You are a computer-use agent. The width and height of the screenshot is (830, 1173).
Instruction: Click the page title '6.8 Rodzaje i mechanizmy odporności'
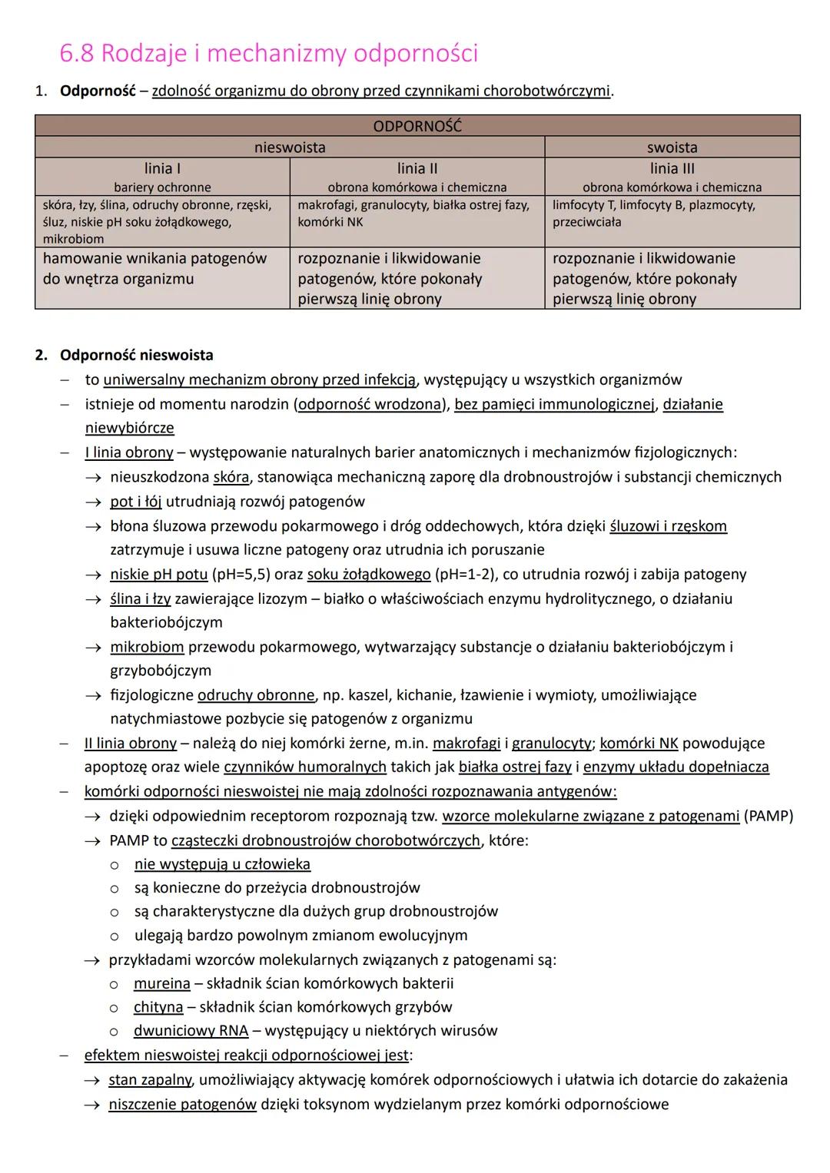point(268,54)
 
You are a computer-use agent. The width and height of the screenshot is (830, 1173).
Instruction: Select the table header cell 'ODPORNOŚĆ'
point(417,126)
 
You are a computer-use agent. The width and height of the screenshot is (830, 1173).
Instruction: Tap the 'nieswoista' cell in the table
point(290,147)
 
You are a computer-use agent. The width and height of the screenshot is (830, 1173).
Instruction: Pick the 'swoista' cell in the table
point(672,147)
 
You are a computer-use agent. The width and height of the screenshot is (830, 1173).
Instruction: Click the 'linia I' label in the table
point(162,168)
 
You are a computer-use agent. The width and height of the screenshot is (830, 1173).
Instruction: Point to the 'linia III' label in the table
point(672,168)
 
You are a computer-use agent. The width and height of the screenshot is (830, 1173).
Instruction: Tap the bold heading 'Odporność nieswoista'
point(137,355)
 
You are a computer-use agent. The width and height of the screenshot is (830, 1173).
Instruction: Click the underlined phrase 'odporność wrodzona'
point(369,404)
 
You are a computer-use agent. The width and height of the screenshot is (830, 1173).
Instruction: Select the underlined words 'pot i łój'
point(135,502)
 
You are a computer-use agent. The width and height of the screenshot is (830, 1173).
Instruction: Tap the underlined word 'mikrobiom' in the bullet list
point(147,647)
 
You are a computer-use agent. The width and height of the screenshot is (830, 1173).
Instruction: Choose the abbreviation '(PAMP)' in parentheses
point(768,816)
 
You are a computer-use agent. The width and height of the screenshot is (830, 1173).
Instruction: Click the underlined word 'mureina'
point(161,983)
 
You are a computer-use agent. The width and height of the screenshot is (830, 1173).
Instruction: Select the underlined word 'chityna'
point(158,1007)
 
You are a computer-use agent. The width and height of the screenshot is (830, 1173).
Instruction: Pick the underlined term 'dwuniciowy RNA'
point(191,1031)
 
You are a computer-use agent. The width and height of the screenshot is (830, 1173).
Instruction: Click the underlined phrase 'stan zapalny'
point(150,1080)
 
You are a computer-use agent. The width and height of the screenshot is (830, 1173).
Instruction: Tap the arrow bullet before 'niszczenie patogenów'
point(93,1105)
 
